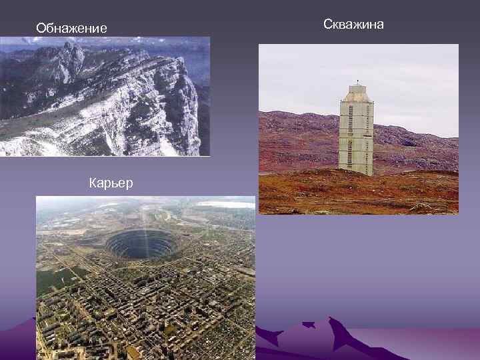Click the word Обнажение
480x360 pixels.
pos(71,28)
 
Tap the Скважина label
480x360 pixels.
pos(353,24)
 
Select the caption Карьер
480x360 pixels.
pos(111,183)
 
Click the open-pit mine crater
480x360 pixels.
pos(140,244)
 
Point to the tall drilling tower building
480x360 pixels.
pos(355,133)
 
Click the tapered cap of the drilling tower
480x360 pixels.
pos(356,94)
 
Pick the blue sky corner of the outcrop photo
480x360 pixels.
pos(200,50)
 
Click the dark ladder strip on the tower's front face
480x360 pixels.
pos(351,133)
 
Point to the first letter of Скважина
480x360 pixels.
pos(327,25)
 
